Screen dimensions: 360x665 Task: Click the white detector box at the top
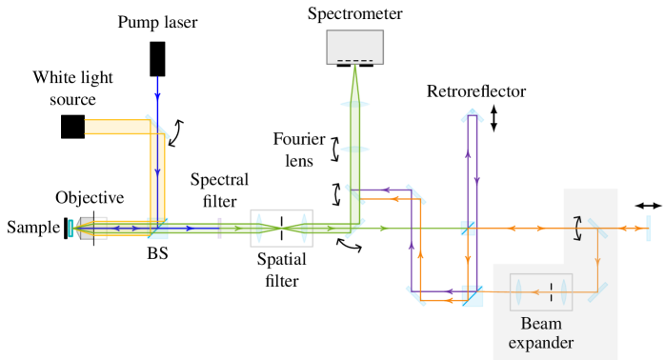(x=354, y=47)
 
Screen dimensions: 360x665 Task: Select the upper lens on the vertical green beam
(x=354, y=104)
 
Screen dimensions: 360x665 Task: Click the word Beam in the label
(x=540, y=324)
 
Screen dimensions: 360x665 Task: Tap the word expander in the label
(x=540, y=343)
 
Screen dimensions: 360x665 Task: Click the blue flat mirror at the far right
(x=648, y=228)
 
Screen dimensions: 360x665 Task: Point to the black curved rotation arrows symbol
(x=576, y=226)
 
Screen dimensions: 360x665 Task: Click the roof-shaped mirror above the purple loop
(x=472, y=115)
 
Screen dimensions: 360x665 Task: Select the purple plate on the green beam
(x=219, y=228)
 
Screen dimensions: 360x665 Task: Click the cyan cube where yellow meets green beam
(x=157, y=229)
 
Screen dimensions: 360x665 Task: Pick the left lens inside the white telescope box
(x=260, y=228)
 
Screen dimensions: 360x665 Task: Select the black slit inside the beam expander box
(x=552, y=291)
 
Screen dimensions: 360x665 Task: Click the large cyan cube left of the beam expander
(x=472, y=295)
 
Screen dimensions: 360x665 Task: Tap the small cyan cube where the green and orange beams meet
(x=468, y=228)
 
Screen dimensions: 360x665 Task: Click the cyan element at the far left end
(x=71, y=228)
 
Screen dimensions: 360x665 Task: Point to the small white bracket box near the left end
(x=100, y=228)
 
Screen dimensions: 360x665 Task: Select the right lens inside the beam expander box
(x=562, y=291)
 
